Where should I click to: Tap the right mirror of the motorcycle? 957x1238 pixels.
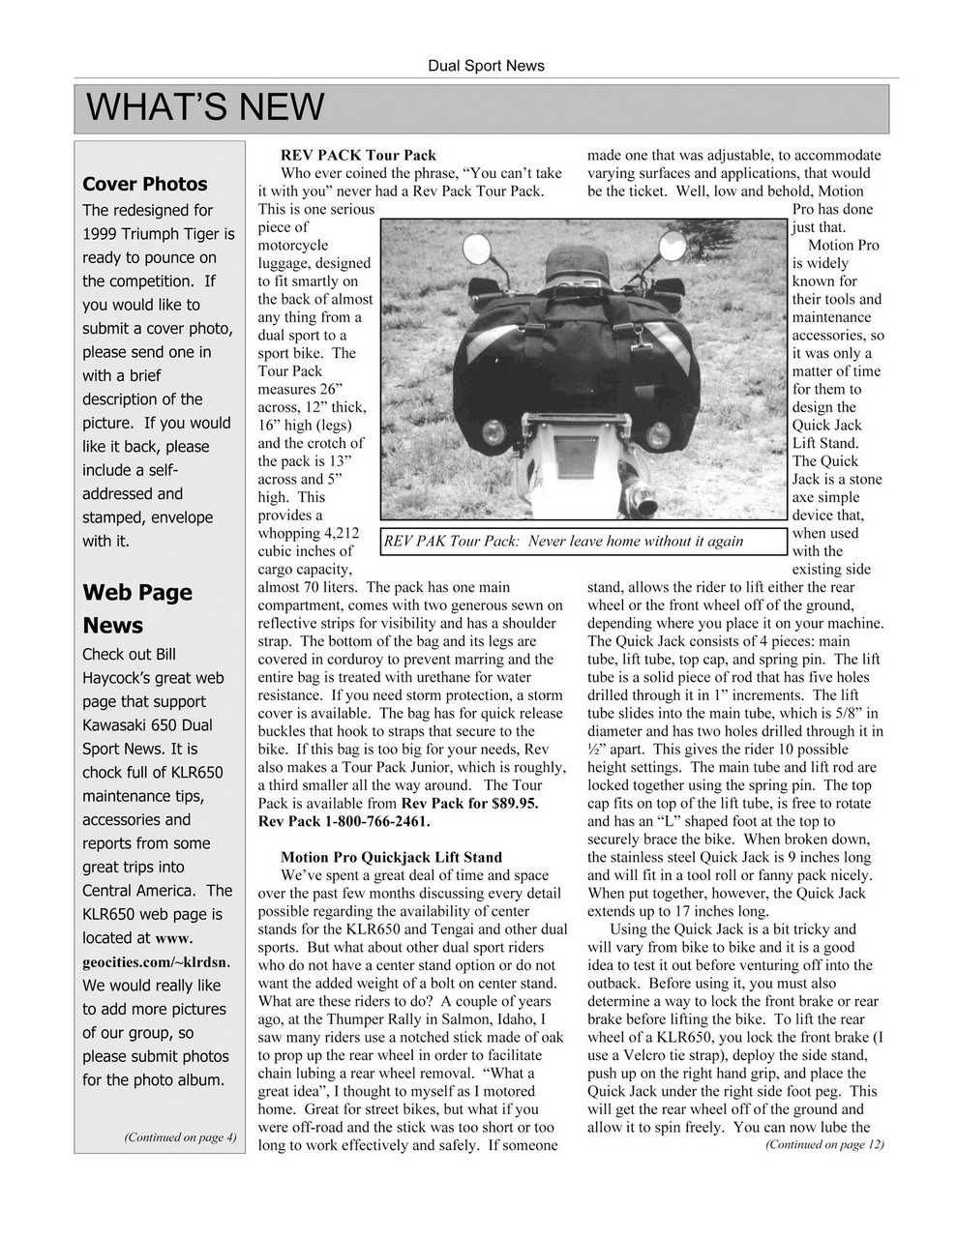(x=672, y=247)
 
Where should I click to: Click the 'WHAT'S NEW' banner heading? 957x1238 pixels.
(x=205, y=107)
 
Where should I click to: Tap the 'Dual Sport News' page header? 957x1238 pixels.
(x=486, y=66)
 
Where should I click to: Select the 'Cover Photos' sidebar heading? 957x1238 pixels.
(x=144, y=184)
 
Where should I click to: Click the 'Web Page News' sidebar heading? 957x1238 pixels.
(x=136, y=608)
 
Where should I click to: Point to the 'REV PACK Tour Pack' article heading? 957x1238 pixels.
(x=358, y=155)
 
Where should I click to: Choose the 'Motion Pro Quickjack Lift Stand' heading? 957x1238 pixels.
(x=391, y=857)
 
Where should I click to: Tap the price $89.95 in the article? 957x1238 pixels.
(x=509, y=803)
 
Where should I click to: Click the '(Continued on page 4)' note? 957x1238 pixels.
(x=180, y=1136)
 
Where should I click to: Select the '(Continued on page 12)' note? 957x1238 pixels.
(x=824, y=1144)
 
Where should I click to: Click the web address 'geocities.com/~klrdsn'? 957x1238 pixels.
(x=155, y=961)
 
